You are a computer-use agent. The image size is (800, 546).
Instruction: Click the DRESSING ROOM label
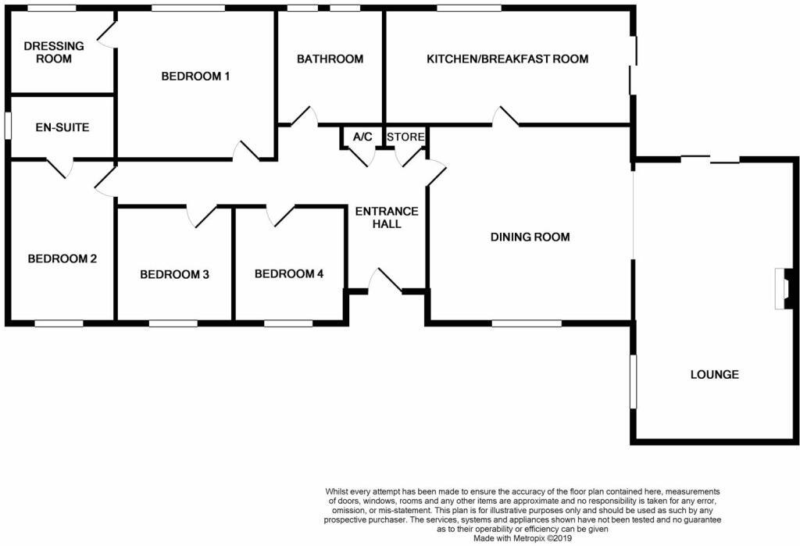pos(48,52)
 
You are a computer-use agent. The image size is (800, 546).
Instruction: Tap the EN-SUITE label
pos(62,127)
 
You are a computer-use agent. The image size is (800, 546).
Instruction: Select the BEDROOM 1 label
pos(195,76)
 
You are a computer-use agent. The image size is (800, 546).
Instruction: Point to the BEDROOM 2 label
pos(62,259)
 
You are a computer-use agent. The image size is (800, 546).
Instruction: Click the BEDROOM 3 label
pos(174,274)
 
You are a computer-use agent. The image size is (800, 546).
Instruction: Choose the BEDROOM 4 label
pos(289,273)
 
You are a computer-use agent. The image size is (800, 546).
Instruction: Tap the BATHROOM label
pos(330,59)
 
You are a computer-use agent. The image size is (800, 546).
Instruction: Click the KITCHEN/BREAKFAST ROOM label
pos(507,59)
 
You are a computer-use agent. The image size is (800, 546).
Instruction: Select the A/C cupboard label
pos(362,137)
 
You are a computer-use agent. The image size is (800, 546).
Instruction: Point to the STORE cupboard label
pos(406,137)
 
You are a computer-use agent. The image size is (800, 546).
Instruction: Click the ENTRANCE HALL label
pos(387,217)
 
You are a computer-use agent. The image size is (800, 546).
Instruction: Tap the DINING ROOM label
pos(530,237)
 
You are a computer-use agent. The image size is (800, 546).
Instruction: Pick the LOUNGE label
pos(714,374)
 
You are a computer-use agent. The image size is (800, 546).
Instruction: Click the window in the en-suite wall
pos(7,127)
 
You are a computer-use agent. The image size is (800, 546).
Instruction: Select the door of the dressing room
pos(107,35)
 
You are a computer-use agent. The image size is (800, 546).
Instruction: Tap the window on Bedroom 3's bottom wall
pos(173,322)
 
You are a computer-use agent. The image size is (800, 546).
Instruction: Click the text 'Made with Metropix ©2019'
pos(523,538)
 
